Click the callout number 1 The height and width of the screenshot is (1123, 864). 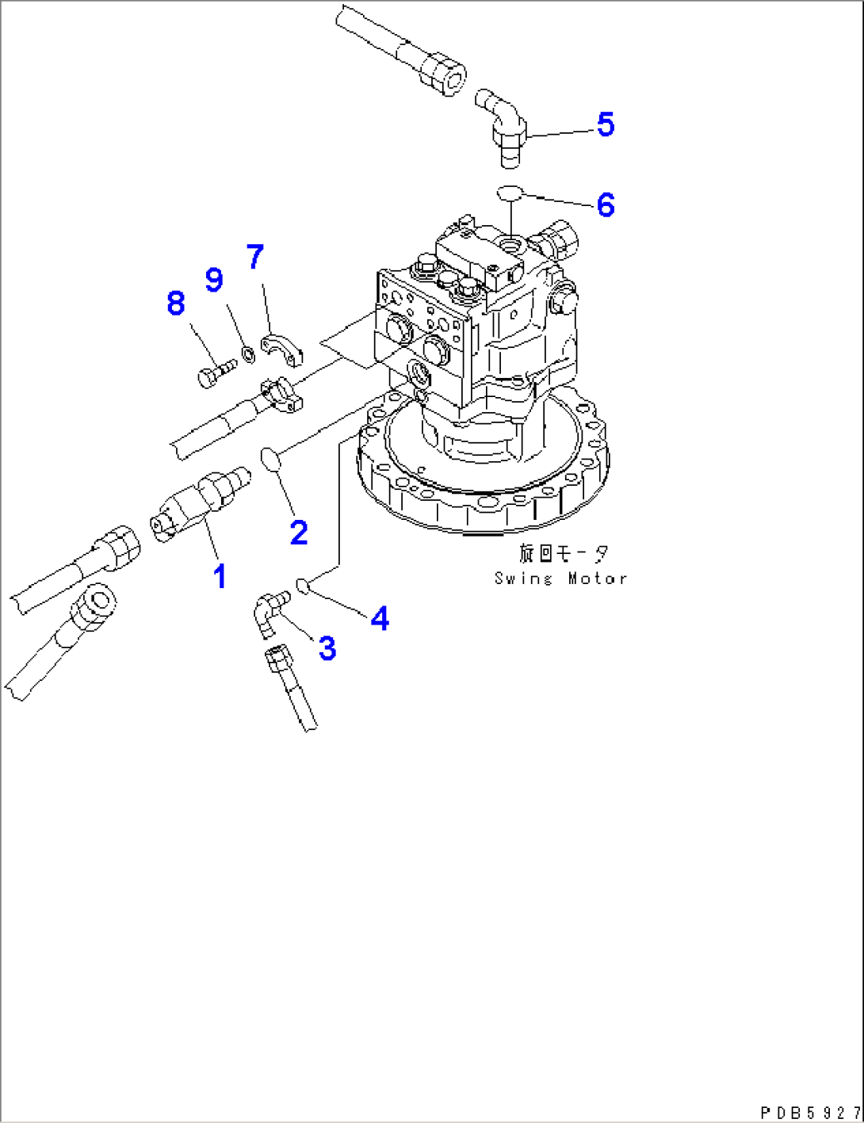220,576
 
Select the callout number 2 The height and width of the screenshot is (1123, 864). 299,533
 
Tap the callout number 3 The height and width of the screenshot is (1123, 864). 327,648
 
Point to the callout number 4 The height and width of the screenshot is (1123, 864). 380,619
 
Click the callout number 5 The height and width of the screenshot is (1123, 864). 605,124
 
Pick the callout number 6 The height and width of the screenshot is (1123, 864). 606,204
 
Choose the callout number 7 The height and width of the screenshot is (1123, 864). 254,257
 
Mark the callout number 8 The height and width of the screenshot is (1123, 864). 176,303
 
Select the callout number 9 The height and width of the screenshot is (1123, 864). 214,280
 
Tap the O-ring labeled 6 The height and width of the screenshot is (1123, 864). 510,193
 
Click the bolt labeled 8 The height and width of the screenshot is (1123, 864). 216,372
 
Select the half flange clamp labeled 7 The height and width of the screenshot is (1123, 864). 279,350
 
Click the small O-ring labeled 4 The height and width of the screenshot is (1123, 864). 302,586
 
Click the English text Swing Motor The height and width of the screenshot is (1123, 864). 560,579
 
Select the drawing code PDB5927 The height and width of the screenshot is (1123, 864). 809,1113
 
